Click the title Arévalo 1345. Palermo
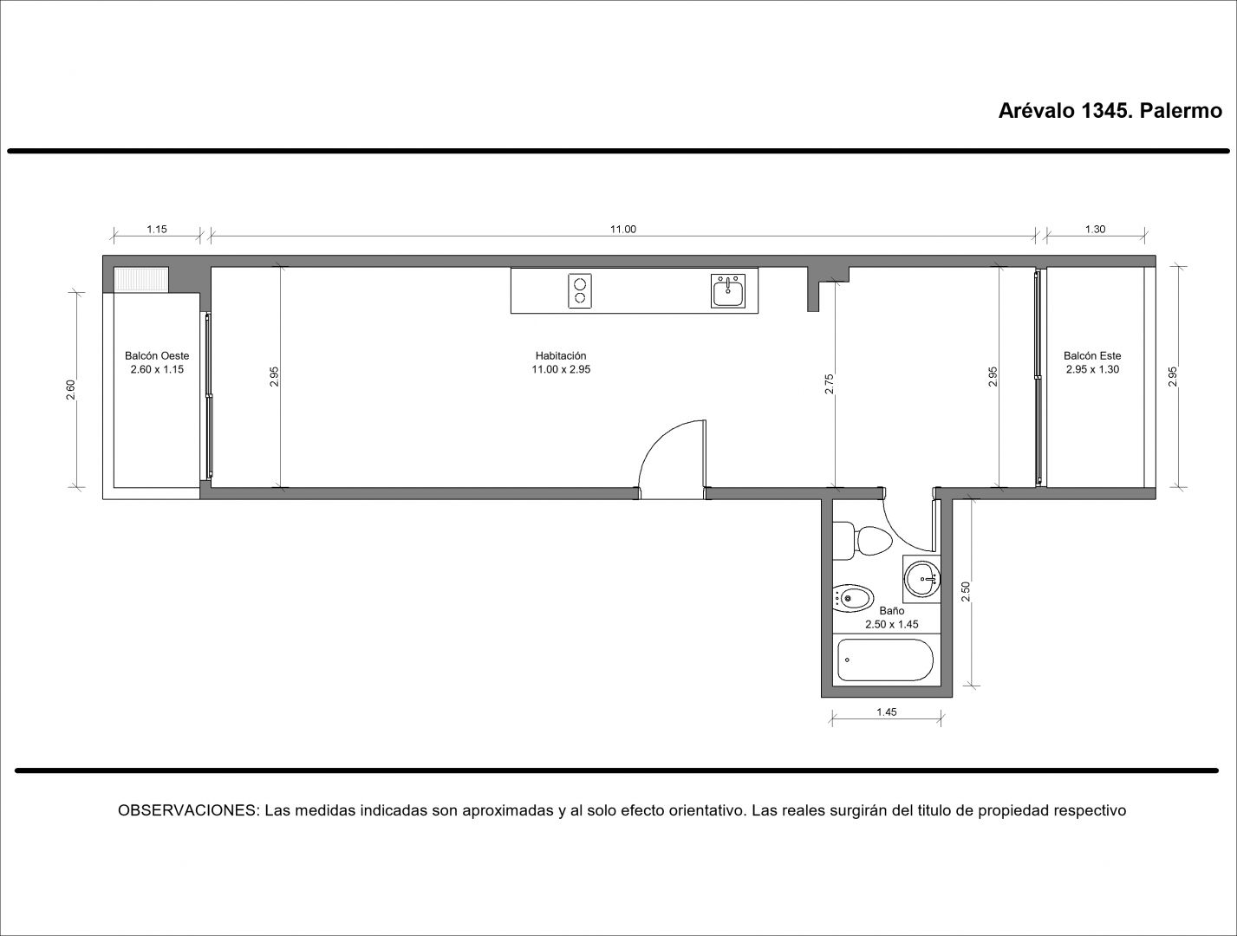click(1110, 112)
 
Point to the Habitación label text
click(561, 356)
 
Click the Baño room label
click(891, 611)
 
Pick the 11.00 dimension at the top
click(622, 229)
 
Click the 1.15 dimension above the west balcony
click(157, 229)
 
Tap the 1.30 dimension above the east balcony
click(1095, 229)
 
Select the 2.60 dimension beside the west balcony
click(70, 390)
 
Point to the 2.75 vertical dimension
click(829, 384)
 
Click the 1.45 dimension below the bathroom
click(887, 712)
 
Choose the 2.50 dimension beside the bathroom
click(966, 591)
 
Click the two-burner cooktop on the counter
click(580, 290)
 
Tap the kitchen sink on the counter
click(728, 290)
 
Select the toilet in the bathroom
click(863, 541)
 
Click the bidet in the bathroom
click(853, 598)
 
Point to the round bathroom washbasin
click(922, 579)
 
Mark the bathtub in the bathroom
click(885, 660)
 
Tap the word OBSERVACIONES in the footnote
click(187, 810)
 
